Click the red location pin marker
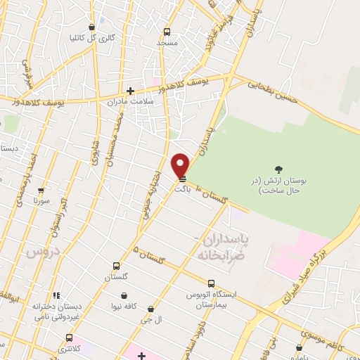(x=181, y=165)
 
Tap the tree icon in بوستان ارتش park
(x=278, y=169)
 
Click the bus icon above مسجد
(x=167, y=32)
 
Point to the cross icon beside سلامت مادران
(x=130, y=90)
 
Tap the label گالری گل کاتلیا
(x=91, y=38)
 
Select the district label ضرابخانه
(x=224, y=254)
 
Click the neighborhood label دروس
(x=40, y=251)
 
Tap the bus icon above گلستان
(x=116, y=266)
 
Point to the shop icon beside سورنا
(x=41, y=191)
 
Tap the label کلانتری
(x=88, y=348)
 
